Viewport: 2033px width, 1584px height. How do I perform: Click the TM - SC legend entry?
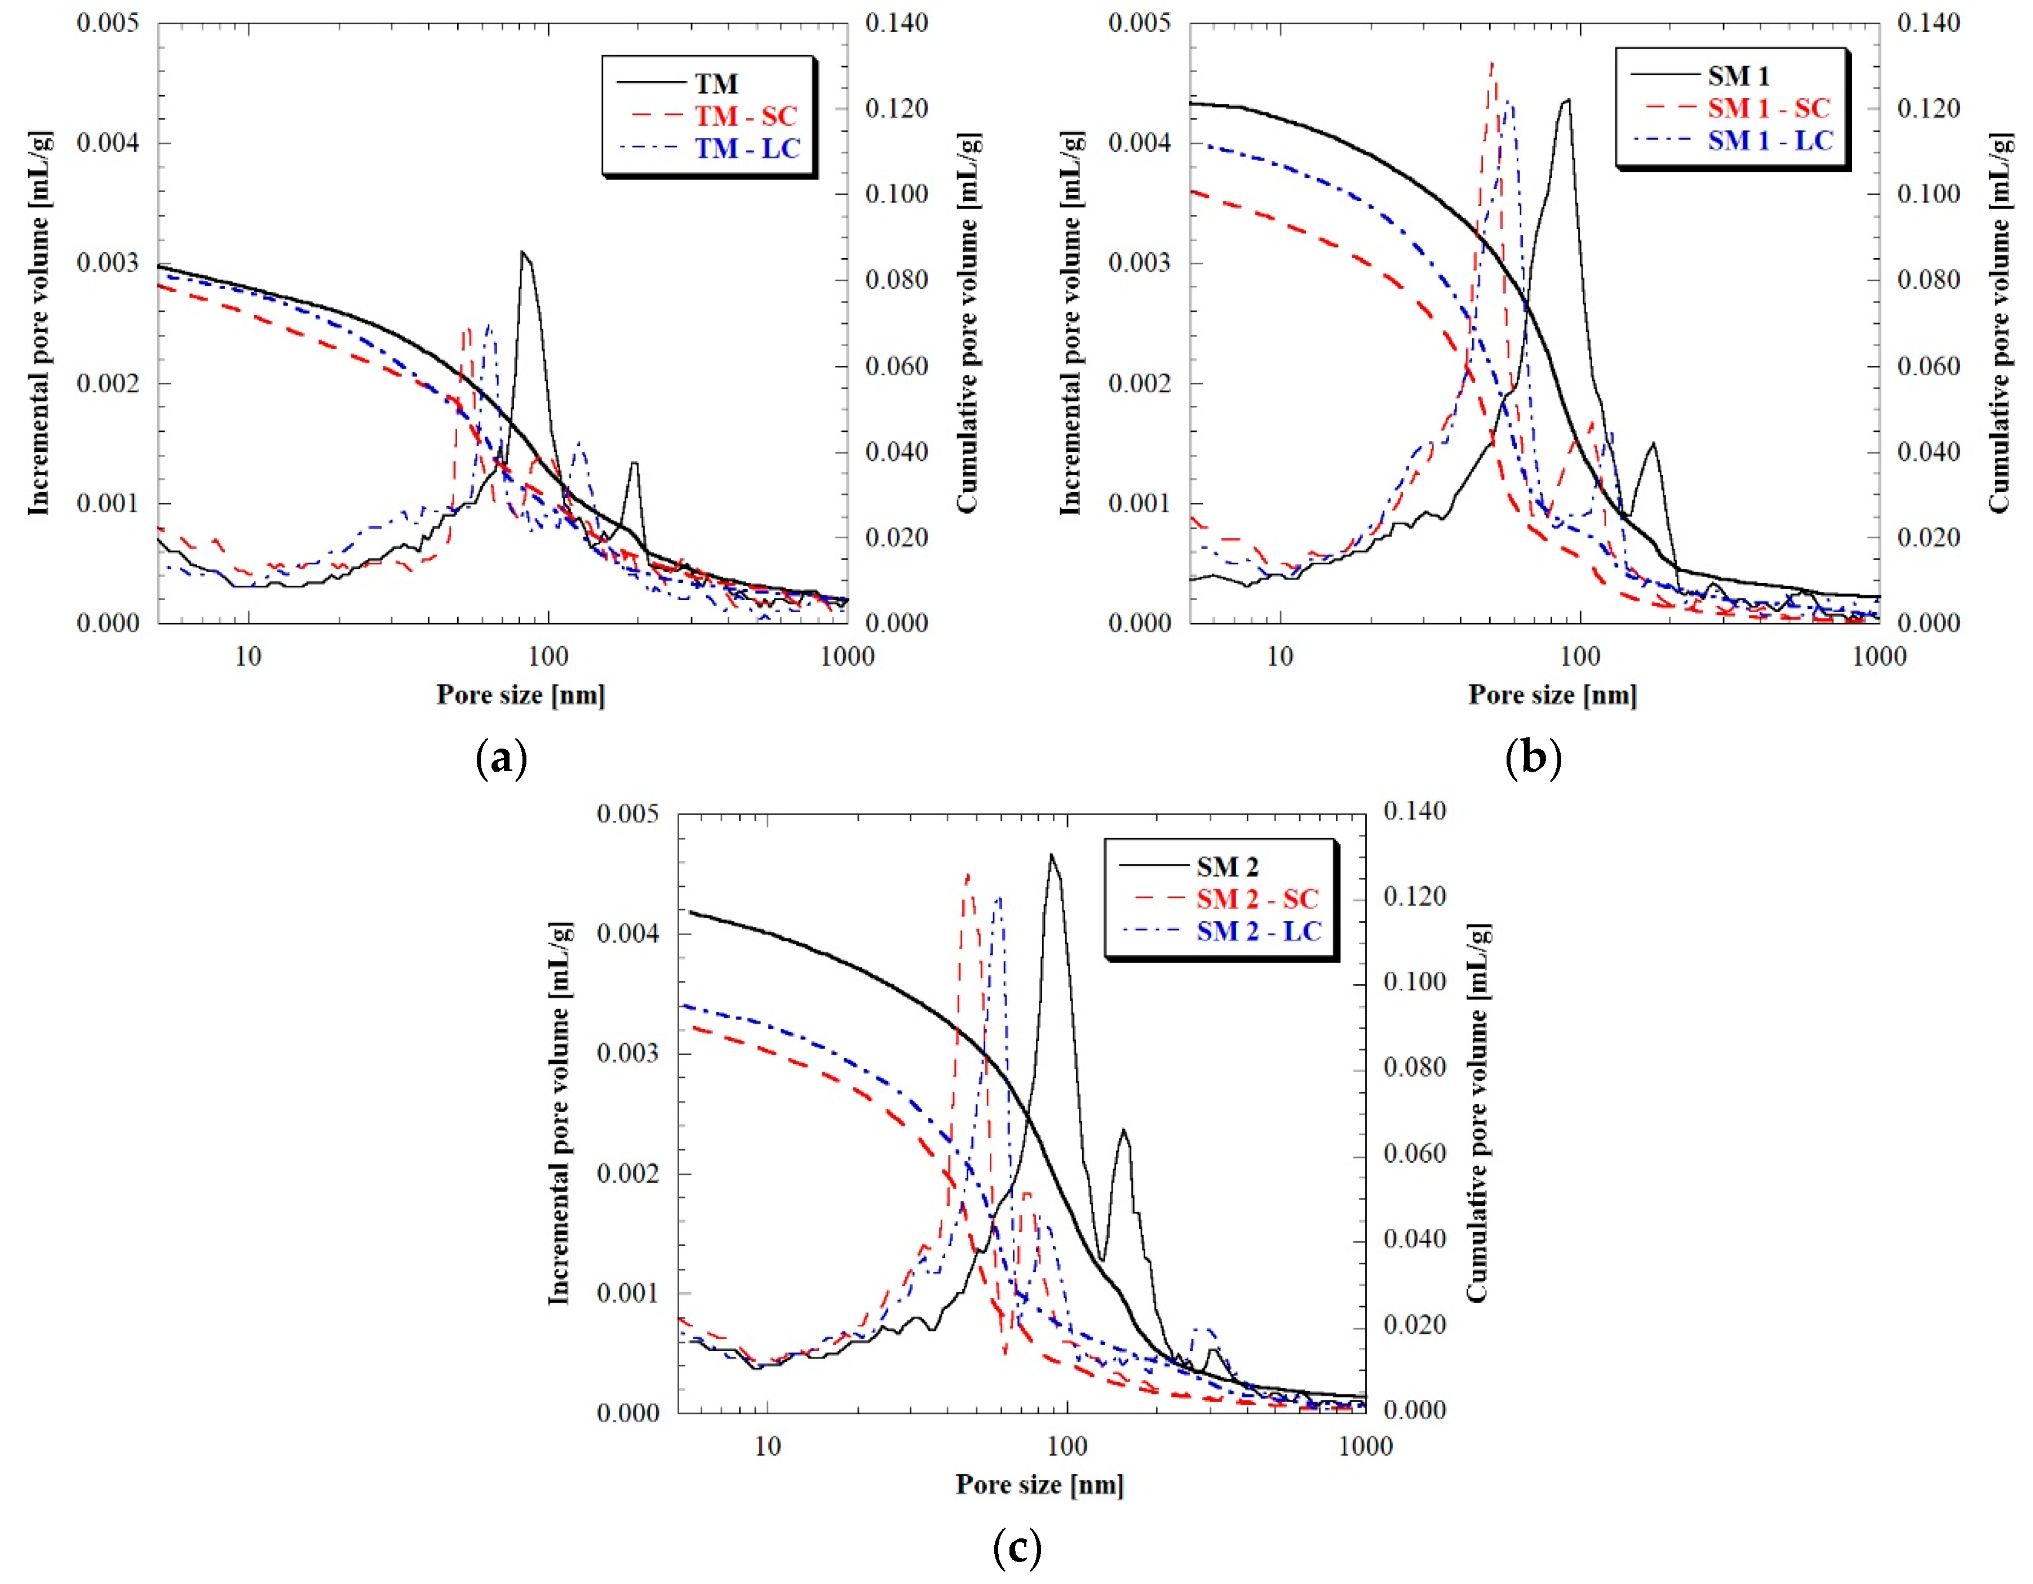pos(745,116)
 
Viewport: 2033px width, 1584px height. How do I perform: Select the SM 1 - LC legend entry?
pos(1769,140)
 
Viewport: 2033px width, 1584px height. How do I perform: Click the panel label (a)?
pos(501,759)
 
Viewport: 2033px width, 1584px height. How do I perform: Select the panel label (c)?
pos(1017,1548)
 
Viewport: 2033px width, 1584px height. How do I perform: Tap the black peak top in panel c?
pos(1052,855)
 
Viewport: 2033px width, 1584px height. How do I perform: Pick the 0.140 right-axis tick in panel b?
pos(1928,23)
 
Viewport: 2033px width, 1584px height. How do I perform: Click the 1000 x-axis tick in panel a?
pos(847,657)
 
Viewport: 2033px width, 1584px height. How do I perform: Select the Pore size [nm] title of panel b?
pos(1552,694)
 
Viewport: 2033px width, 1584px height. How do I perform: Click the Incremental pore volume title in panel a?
pos(38,322)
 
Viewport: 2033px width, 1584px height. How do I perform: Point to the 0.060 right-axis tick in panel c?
pos(1414,1153)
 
